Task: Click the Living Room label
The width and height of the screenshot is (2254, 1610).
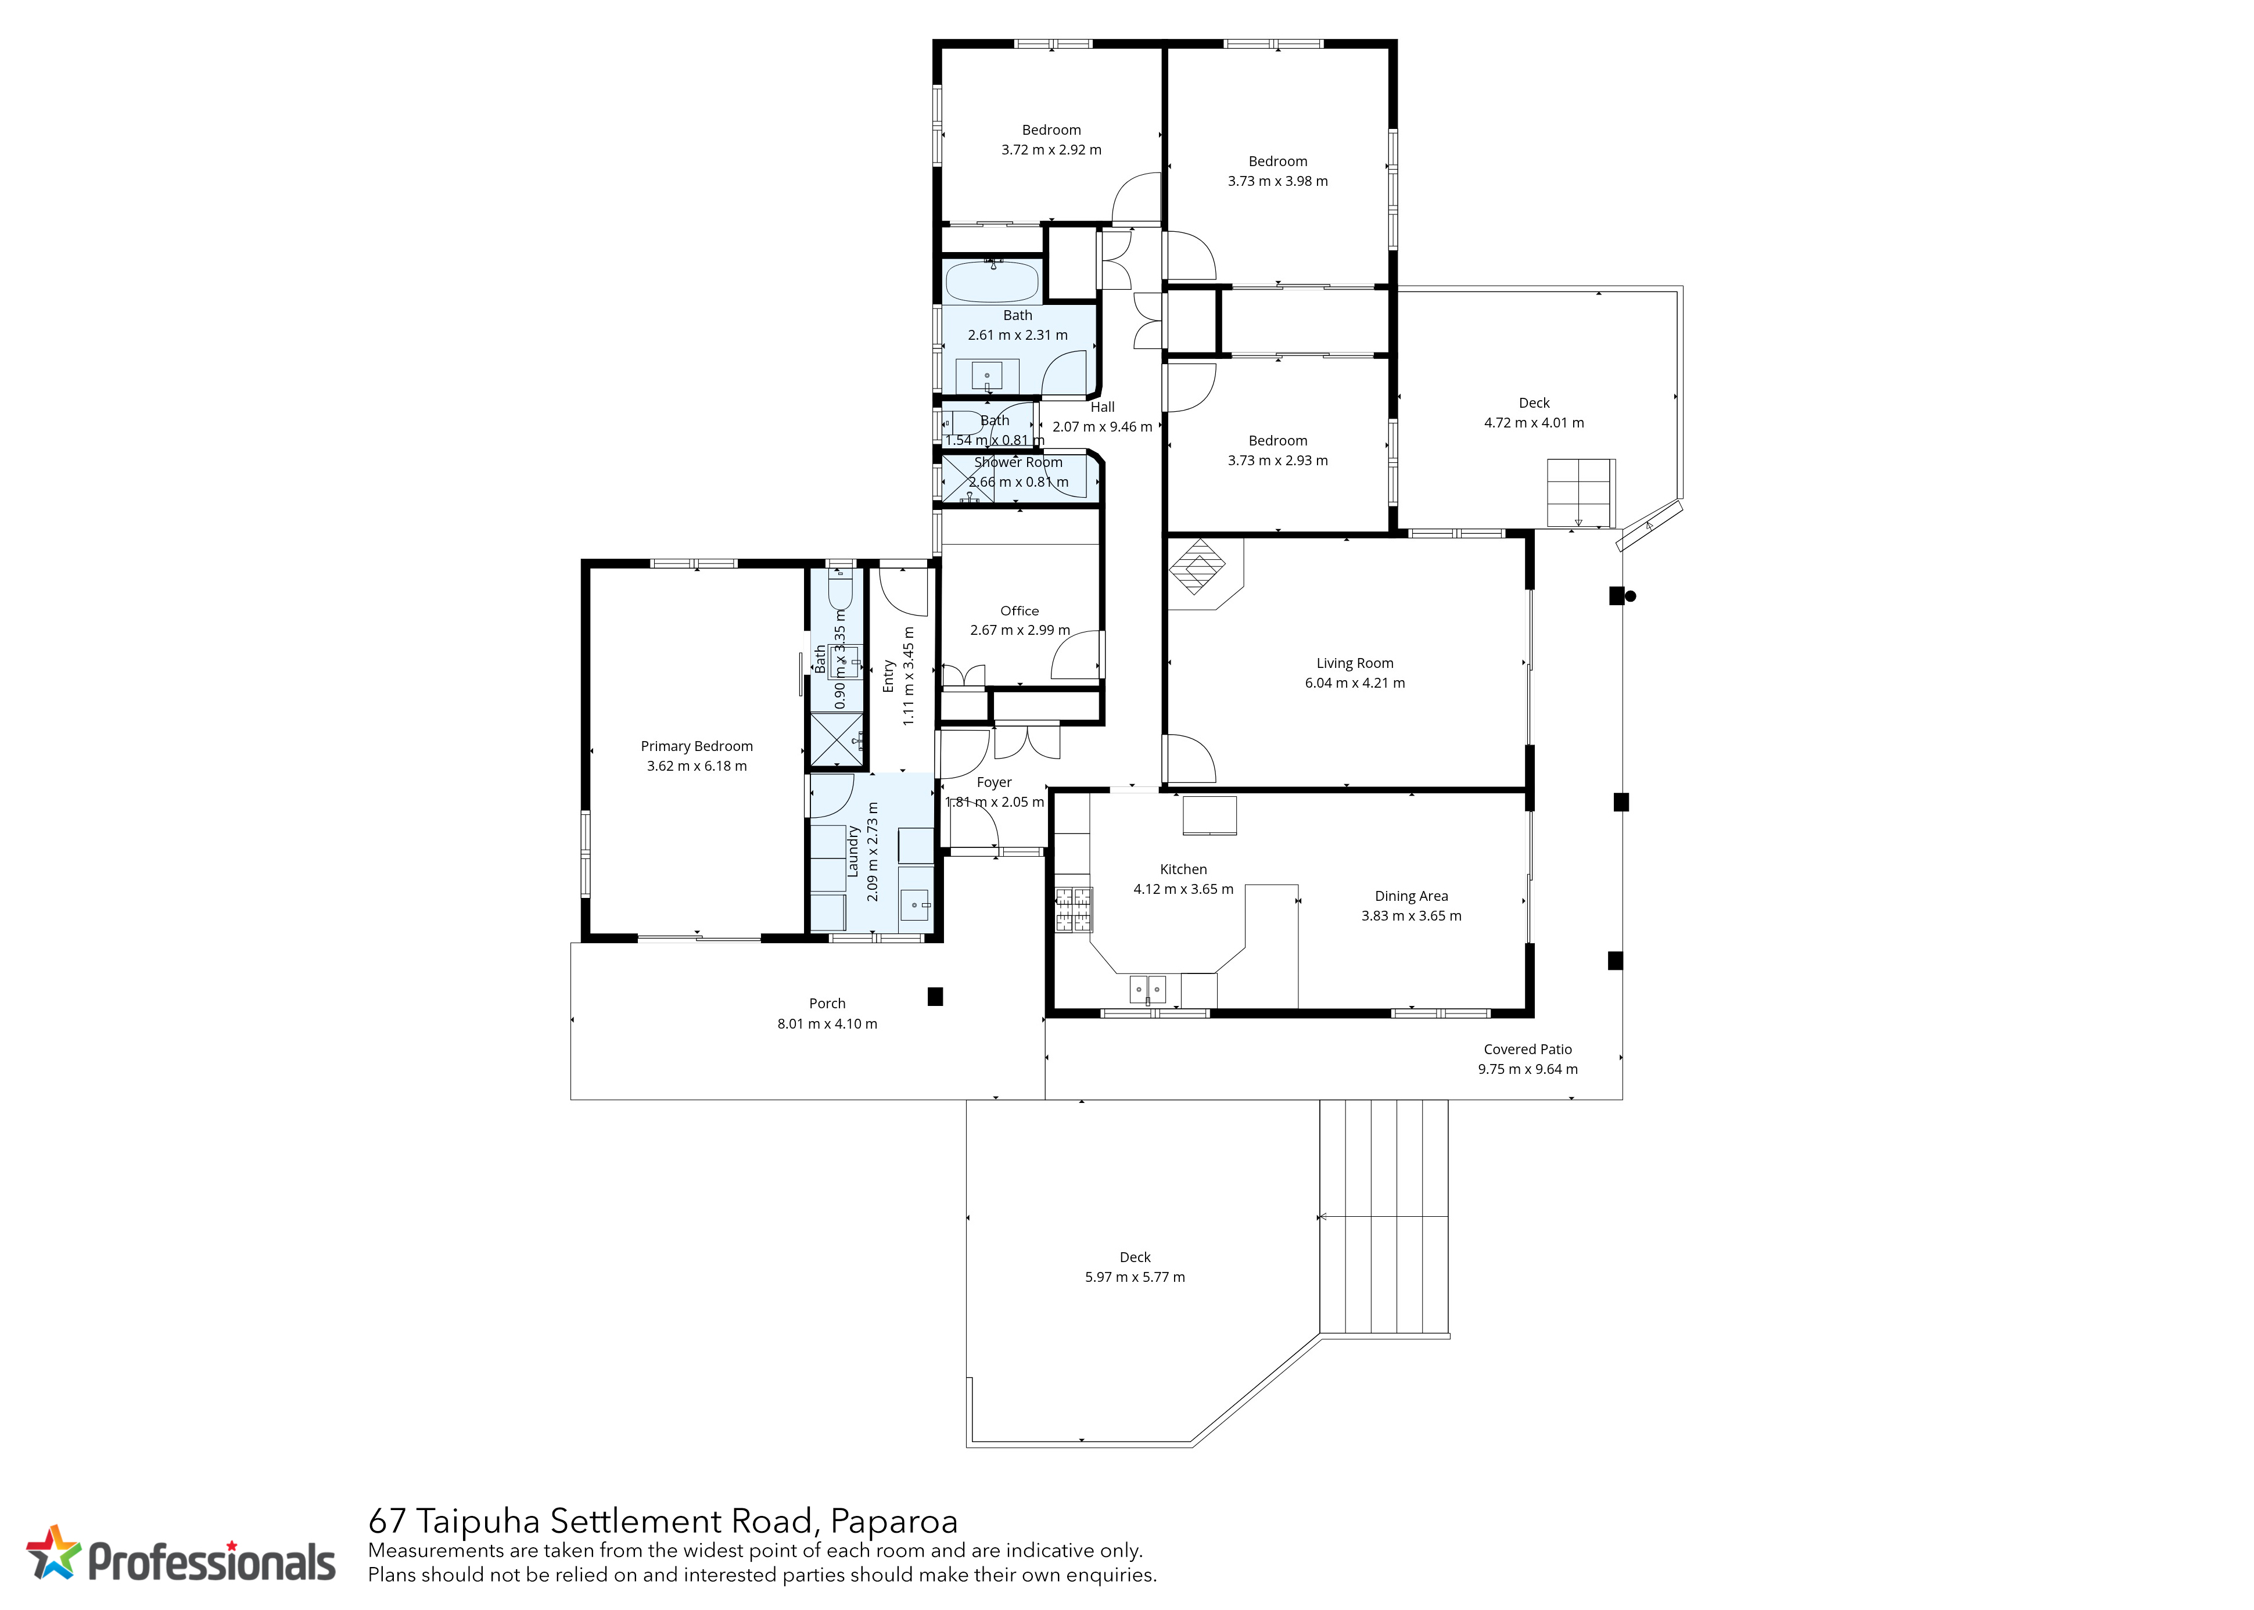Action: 1355,663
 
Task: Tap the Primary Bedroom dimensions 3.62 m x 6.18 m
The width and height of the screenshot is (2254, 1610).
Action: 697,766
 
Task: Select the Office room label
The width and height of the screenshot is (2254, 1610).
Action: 1020,610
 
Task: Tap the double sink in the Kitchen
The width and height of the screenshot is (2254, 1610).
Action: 1147,989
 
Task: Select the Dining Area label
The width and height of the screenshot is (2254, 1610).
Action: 1411,896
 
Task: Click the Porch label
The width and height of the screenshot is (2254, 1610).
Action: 827,1003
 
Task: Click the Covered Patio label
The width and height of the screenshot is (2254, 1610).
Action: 1528,1049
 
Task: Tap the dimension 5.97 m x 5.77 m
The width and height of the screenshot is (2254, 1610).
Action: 1136,1277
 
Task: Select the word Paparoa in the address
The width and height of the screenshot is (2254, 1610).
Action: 895,1521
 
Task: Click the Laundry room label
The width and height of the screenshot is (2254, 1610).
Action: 853,851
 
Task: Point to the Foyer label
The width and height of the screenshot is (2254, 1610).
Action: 995,782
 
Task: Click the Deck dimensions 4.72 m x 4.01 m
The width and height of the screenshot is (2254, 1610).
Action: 1534,422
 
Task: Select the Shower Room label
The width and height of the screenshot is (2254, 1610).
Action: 1018,462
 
